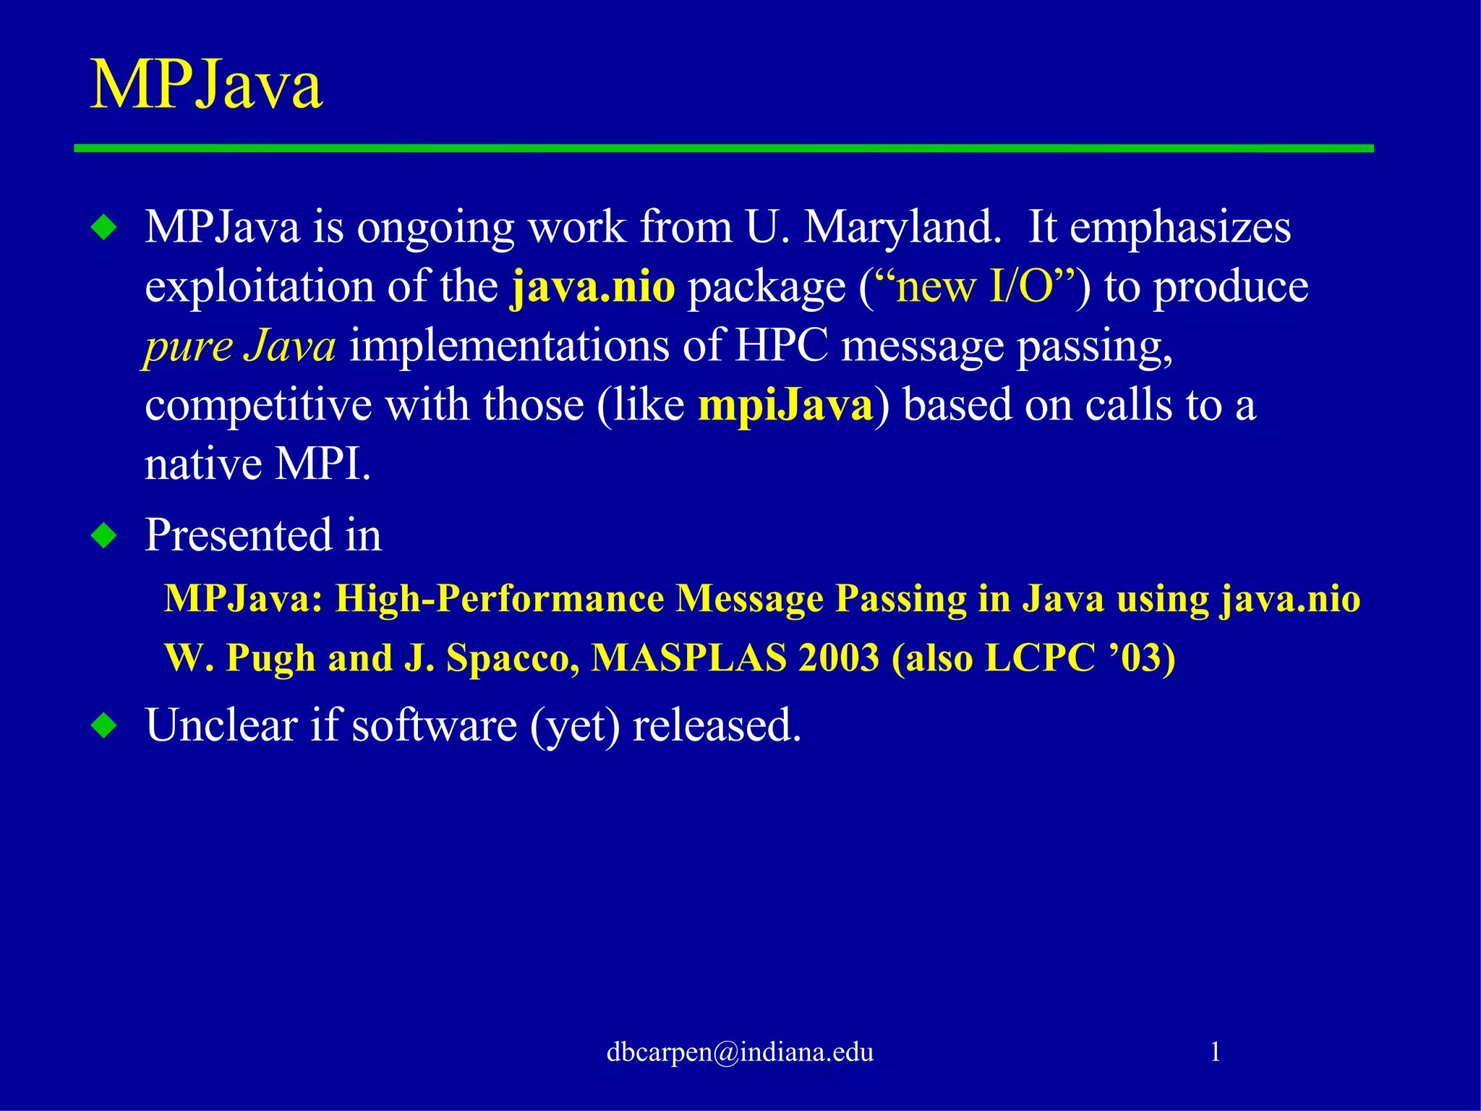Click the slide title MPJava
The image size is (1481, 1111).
(206, 85)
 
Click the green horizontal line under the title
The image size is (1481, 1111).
(723, 148)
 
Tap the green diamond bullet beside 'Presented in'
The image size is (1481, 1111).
(105, 536)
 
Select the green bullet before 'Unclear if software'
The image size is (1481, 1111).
(105, 725)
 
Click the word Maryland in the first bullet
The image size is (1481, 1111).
(902, 227)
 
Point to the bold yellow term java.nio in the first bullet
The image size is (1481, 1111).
(592, 286)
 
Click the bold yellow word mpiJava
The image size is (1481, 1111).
(785, 405)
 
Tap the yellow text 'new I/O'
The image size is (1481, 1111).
(975, 286)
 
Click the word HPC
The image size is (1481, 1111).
(781, 346)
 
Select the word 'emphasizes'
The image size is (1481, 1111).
(1179, 227)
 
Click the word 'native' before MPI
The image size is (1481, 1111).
(203, 464)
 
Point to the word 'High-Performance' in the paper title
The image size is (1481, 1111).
(499, 599)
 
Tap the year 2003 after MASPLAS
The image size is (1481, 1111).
(838, 658)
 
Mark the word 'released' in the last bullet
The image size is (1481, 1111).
(716, 725)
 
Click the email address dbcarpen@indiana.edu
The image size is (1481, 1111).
(740, 1052)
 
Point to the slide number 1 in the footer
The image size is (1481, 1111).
(1215, 1052)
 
